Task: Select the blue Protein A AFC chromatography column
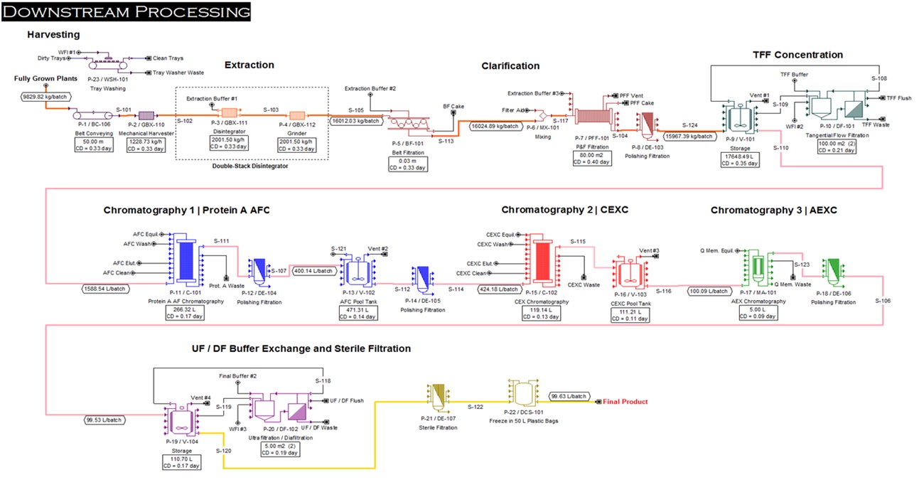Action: pos(186,261)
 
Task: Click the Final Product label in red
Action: pos(625,402)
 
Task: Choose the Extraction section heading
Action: pos(249,65)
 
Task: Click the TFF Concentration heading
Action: pos(797,55)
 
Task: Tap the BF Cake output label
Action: pos(453,105)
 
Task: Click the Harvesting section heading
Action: pos(53,34)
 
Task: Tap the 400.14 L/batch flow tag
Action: pos(313,271)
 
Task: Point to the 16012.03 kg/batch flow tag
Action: pos(355,121)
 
